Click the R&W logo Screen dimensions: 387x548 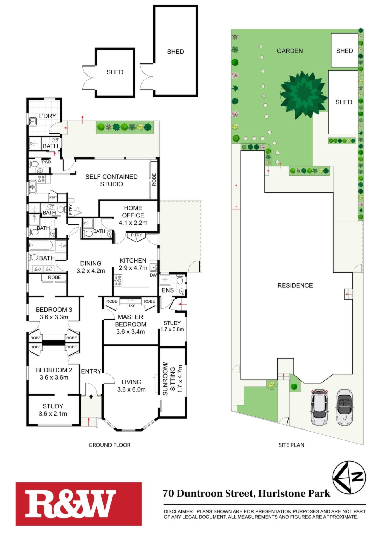click(78, 504)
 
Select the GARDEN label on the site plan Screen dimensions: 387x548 click(290, 51)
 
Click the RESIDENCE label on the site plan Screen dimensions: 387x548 click(295, 285)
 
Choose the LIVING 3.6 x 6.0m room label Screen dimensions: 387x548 click(131, 386)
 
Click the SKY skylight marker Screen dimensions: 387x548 click(131, 305)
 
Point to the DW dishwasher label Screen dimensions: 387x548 click(153, 275)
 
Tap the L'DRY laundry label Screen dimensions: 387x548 click(48, 116)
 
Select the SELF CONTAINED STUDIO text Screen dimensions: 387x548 click(112, 180)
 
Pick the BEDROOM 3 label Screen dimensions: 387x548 click(54, 309)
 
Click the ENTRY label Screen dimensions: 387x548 click(91, 371)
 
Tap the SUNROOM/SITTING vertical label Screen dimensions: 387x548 click(169, 379)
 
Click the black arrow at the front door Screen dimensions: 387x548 click(91, 396)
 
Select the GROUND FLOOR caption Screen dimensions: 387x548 click(110, 445)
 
